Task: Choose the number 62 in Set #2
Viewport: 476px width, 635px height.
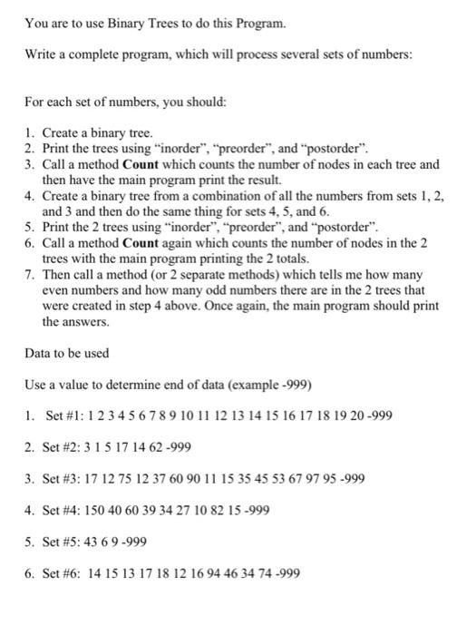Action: click(x=170, y=448)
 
